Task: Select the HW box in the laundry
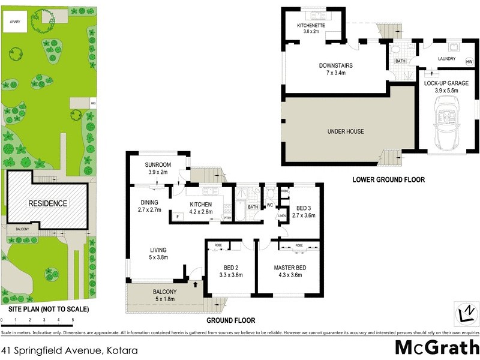tap(469, 62)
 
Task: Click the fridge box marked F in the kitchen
tap(178, 217)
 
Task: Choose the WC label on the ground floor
tap(269, 205)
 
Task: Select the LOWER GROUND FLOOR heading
tap(388, 179)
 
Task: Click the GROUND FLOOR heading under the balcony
tap(231, 320)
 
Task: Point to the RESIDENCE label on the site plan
tap(48, 203)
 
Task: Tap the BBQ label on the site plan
tap(93, 103)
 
